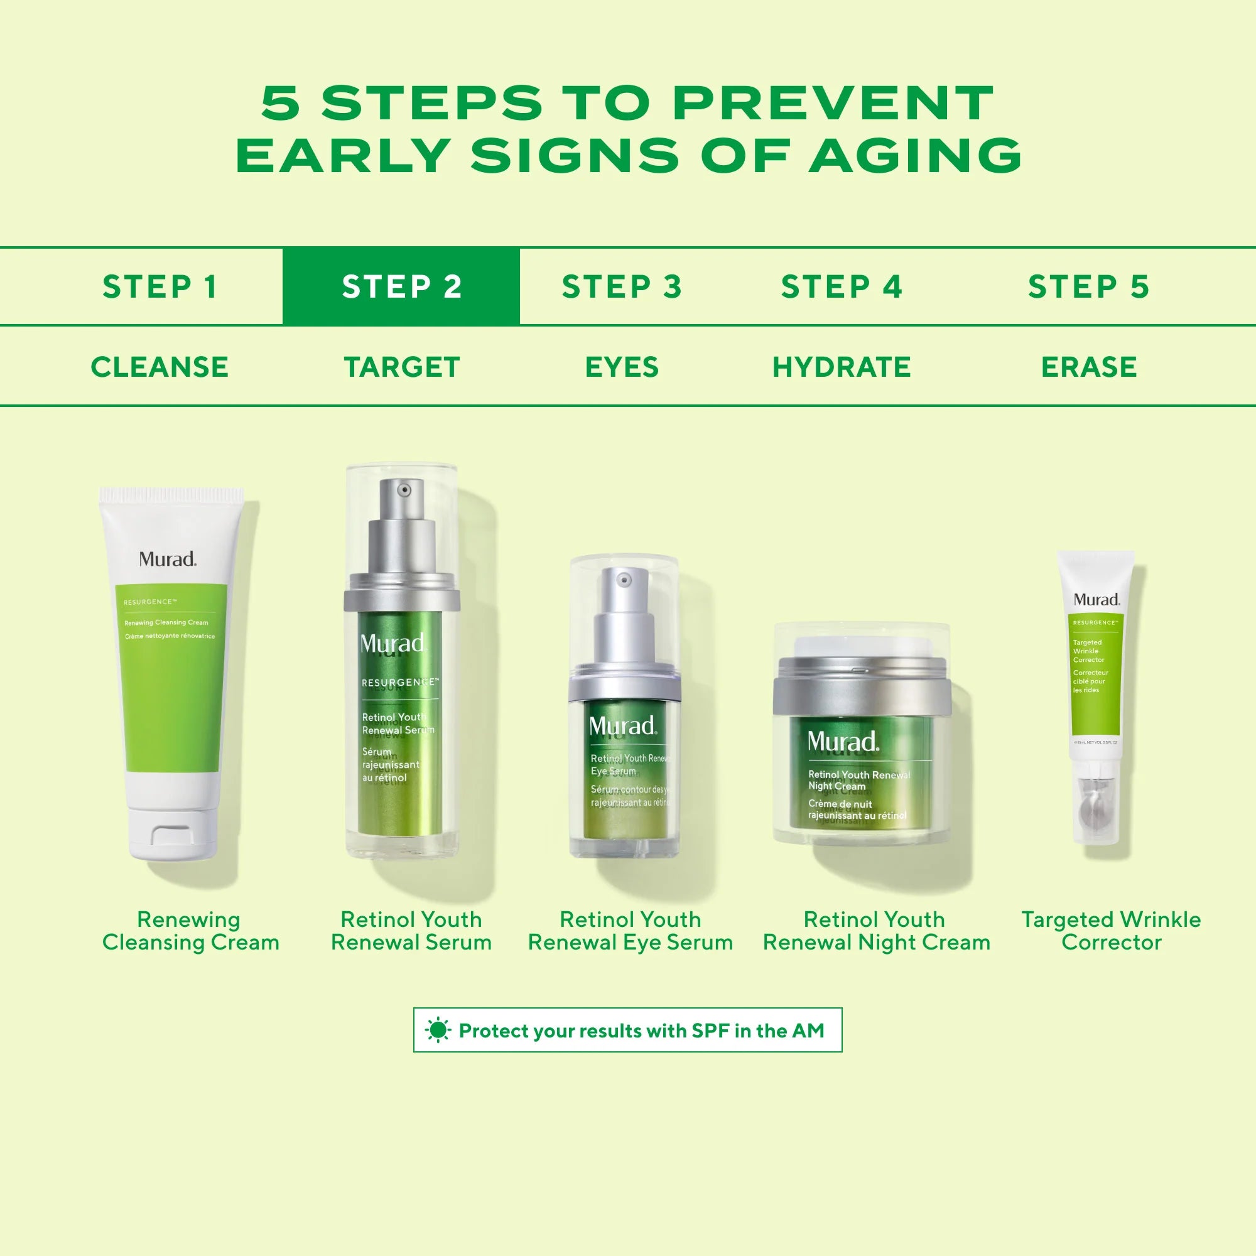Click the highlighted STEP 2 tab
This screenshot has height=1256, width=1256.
pyautogui.click(x=401, y=287)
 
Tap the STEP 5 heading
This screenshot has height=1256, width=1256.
pyautogui.click(x=1088, y=287)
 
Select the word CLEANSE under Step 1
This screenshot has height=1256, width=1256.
pyautogui.click(x=160, y=367)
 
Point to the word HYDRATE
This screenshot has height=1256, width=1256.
pyautogui.click(x=842, y=367)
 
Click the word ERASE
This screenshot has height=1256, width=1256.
pyautogui.click(x=1088, y=367)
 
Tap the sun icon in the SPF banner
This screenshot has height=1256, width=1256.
pyautogui.click(x=438, y=1031)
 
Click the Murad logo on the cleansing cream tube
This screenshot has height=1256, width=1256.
pyautogui.click(x=167, y=559)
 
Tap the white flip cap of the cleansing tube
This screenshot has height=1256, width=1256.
pyautogui.click(x=173, y=831)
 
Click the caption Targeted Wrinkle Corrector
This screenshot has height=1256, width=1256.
pyautogui.click(x=1111, y=930)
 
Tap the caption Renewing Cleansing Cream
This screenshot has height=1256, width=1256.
pyautogui.click(x=190, y=930)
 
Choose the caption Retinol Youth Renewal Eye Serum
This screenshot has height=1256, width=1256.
pyautogui.click(x=630, y=930)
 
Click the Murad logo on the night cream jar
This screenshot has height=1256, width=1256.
pyautogui.click(x=843, y=741)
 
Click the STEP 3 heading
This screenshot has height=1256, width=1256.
pyautogui.click(x=622, y=287)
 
